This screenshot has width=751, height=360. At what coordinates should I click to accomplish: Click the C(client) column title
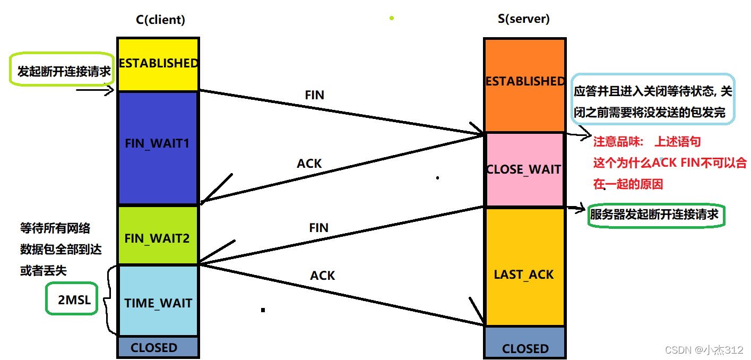point(160,20)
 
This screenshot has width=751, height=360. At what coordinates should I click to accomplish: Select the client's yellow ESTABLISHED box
point(158,64)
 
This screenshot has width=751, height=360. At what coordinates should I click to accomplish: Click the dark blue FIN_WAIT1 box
point(157,147)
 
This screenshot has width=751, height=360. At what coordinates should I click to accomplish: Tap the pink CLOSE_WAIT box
point(524,169)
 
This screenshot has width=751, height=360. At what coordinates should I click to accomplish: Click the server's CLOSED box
point(525,348)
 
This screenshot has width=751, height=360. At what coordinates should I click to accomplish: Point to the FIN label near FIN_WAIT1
point(315,95)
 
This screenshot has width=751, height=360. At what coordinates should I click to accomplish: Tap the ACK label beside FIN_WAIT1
point(309,164)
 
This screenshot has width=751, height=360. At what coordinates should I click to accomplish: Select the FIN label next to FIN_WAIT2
point(319,228)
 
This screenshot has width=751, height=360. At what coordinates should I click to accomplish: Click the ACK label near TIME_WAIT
point(323,276)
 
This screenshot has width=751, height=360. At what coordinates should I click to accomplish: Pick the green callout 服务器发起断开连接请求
point(657,215)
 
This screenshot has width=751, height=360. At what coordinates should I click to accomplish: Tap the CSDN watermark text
point(704,350)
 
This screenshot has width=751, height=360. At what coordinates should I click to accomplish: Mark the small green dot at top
point(392,18)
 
